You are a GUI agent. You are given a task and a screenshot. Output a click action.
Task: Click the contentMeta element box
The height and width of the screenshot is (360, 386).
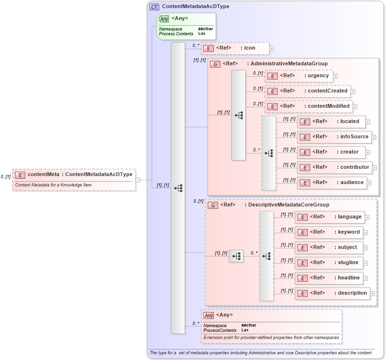pos(74,175)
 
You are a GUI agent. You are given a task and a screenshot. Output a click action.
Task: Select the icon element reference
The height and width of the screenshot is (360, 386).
pos(235,48)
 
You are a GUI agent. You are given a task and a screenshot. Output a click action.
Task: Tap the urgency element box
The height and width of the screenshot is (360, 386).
pos(298,76)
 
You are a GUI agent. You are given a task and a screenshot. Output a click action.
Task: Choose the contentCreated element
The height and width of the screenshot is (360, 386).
pos(308,91)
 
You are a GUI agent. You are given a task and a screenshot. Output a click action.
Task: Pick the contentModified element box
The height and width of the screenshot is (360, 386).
pos(309,106)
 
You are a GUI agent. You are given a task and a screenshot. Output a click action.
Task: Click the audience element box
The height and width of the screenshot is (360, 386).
pos(332,183)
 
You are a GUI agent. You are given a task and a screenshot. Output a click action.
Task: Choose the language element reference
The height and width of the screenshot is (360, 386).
pos(330,217)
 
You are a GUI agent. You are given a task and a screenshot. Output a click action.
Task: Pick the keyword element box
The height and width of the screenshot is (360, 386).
pos(329,232)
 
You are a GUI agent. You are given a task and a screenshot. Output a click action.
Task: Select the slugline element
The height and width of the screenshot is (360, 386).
pos(328,263)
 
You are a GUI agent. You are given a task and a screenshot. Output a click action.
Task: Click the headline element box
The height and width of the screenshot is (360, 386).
pos(329,278)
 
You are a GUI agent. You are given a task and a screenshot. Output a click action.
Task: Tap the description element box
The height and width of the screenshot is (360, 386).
pos(332,293)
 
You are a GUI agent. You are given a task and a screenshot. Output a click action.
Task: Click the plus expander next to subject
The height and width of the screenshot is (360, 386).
pos(367,248)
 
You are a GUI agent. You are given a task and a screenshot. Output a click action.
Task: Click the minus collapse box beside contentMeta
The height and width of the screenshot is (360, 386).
pos(137,180)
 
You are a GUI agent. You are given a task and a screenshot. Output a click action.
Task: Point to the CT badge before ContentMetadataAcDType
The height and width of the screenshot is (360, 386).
pos(154,7)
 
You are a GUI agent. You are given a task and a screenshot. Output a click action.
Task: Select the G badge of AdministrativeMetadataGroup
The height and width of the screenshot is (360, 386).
pos(215,64)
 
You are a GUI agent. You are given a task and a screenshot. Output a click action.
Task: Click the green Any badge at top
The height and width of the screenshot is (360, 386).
pos(164,19)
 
